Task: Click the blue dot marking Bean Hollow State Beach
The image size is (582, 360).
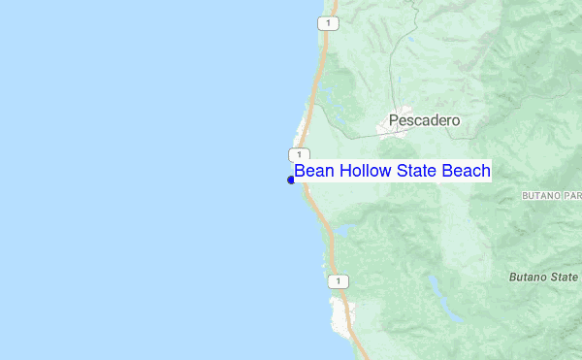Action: coord(291,180)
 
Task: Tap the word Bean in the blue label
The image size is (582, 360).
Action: coord(312,171)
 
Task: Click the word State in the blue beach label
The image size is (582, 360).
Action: coord(412,171)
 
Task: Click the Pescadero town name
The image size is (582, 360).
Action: coord(424,121)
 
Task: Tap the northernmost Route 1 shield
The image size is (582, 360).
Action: coord(331,21)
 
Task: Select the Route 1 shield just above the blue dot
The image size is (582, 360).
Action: coord(300,155)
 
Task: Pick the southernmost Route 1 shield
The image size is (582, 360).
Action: coord(337,281)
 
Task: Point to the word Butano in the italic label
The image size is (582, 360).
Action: coord(530,277)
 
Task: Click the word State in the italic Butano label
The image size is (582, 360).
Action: coord(566,277)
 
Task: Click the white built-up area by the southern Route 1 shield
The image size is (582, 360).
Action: coord(340,311)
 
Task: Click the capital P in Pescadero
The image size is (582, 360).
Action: coord(393,121)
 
